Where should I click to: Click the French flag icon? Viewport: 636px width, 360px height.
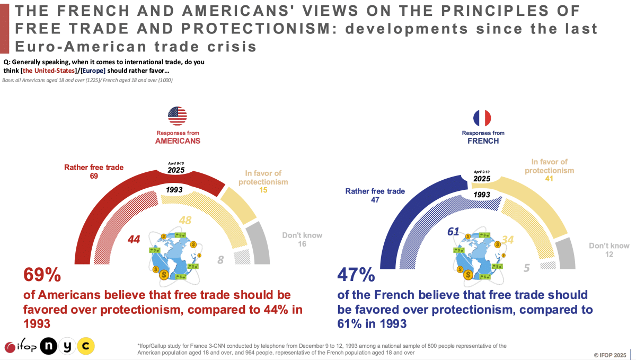pyautogui.click(x=482, y=118)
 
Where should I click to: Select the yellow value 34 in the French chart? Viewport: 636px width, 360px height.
pyautogui.click(x=508, y=240)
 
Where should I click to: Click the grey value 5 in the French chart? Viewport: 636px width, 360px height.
pyautogui.click(x=526, y=268)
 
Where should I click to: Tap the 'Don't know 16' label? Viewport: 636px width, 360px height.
pyautogui.click(x=302, y=240)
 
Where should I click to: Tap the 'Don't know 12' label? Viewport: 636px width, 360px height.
pyautogui.click(x=609, y=250)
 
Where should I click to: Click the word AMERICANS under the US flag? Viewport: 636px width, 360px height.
pyautogui.click(x=178, y=142)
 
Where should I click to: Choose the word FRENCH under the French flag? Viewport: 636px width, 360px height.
pyautogui.click(x=483, y=142)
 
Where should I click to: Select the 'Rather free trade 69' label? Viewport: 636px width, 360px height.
pyautogui.click(x=94, y=171)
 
